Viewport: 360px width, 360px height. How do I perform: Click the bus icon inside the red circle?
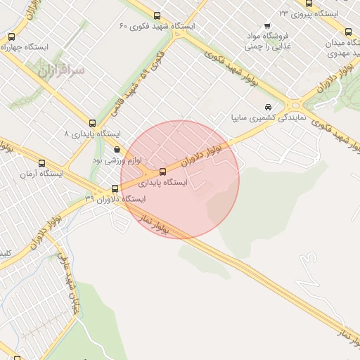163,172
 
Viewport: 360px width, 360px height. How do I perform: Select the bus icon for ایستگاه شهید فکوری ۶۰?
156,15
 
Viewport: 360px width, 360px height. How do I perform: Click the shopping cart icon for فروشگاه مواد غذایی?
249,34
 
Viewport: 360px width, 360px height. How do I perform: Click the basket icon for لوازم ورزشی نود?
117,149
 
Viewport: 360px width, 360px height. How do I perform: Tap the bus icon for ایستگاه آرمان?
42,162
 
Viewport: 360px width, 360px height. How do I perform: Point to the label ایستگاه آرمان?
41,173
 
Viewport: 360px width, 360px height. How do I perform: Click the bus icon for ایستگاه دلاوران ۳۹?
115,188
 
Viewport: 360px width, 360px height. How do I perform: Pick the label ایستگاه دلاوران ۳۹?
115,199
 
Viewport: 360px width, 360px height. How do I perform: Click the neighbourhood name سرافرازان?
61,70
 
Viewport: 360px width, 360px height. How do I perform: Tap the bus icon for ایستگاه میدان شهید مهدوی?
348,32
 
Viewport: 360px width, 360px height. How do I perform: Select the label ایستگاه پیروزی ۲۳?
309,13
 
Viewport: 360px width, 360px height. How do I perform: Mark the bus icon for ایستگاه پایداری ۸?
91,122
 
